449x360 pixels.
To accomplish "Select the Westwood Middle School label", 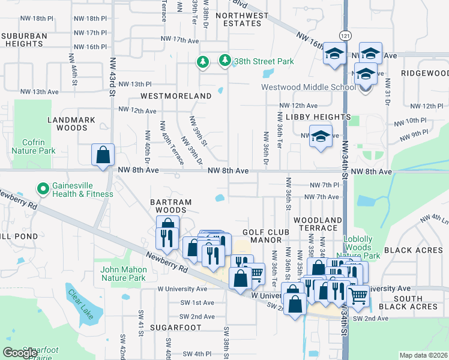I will [x=309, y=88].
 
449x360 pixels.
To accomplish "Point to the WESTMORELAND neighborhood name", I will [x=176, y=96].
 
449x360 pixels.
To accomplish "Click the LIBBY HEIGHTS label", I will [x=318, y=116].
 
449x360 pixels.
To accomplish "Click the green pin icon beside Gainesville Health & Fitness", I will [x=43, y=189].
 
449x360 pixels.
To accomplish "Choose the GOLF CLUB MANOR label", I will [x=266, y=236].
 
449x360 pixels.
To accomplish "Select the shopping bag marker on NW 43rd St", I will [x=103, y=155].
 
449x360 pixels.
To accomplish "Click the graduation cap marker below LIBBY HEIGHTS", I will [x=321, y=136].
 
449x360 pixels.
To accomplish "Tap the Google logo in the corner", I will [x=20, y=353].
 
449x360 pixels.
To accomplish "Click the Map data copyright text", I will [x=423, y=355].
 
